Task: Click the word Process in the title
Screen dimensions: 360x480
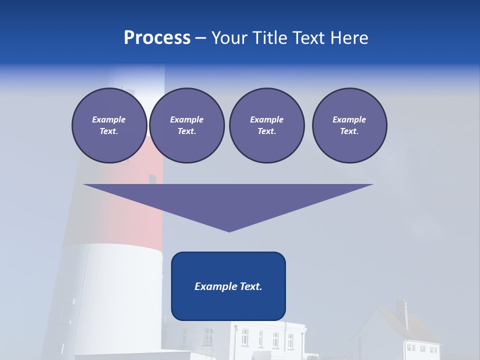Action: point(157,38)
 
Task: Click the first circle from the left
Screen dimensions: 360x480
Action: point(109,125)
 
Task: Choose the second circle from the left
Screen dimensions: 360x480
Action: point(187,125)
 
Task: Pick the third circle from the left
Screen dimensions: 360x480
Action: point(266,125)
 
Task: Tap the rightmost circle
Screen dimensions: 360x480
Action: point(349,125)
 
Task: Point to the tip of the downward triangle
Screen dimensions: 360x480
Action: point(229,231)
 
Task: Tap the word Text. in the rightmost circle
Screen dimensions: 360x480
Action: point(349,131)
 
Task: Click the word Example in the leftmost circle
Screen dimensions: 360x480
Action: point(109,119)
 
